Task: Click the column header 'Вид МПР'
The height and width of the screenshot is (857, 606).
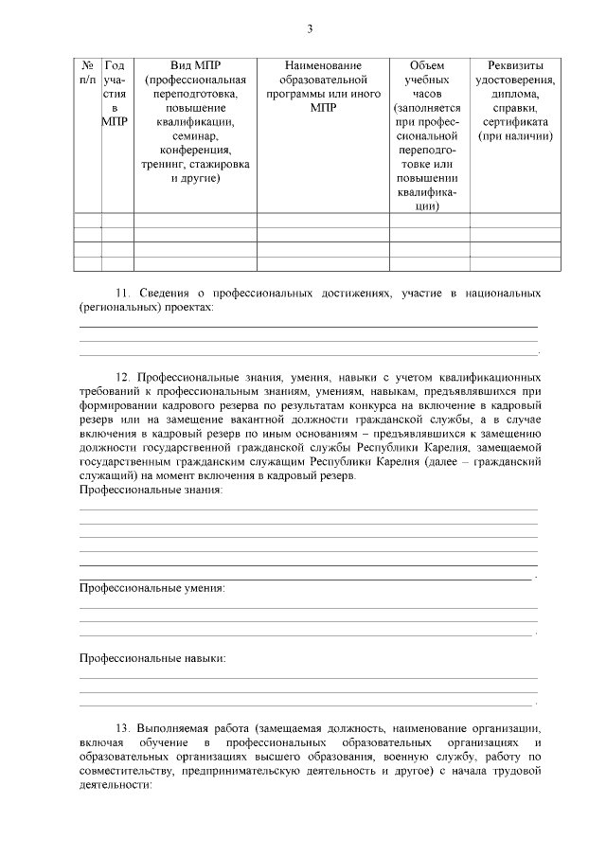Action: [195, 65]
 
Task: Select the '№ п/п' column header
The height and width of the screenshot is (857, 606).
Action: [87, 73]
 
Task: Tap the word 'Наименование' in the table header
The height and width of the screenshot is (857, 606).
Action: [323, 65]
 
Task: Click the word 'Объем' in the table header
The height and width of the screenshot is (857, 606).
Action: [429, 65]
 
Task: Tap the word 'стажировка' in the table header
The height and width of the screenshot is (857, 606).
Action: [220, 165]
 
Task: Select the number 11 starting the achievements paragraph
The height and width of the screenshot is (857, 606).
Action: [121, 295]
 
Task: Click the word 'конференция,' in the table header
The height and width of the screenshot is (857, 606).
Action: [195, 151]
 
